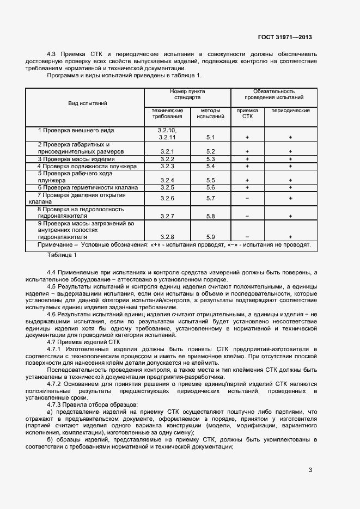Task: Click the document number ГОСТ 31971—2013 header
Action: tap(285, 38)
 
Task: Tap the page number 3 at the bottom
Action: tap(310, 470)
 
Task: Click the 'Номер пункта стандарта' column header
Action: tap(187, 95)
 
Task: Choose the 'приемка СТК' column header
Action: tap(247, 113)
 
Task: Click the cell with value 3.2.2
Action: tap(166, 159)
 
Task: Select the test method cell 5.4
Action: tap(211, 166)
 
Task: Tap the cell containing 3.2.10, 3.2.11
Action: tap(166, 134)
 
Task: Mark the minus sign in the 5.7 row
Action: tap(247, 199)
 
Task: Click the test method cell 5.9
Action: tap(211, 237)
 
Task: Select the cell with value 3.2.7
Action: tap(166, 216)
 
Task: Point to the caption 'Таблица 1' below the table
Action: tap(62, 255)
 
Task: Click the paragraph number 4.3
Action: tap(52, 54)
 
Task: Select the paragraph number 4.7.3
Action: tap(56, 405)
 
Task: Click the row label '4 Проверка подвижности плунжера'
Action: tap(87, 166)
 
